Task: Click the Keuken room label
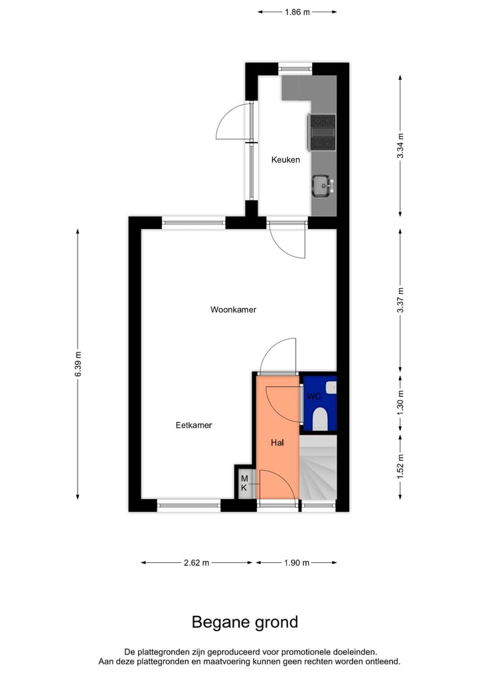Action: point(285,160)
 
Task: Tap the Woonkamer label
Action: point(233,309)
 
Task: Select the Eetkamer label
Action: point(194,425)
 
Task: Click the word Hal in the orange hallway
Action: point(278,442)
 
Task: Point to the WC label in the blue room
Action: point(313,396)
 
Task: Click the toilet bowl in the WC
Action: point(320,418)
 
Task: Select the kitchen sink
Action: point(321,185)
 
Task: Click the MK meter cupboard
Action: point(244,483)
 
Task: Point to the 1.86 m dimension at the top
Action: point(297,11)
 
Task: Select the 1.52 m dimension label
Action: point(400,467)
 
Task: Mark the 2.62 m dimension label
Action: point(197,563)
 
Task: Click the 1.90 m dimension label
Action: point(297,563)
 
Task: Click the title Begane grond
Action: point(245,622)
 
